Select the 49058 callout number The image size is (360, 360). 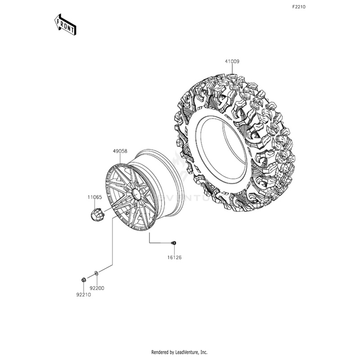click(120, 153)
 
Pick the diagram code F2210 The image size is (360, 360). click(299, 7)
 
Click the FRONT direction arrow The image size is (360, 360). click(65, 24)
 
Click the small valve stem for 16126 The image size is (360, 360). click(174, 243)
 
